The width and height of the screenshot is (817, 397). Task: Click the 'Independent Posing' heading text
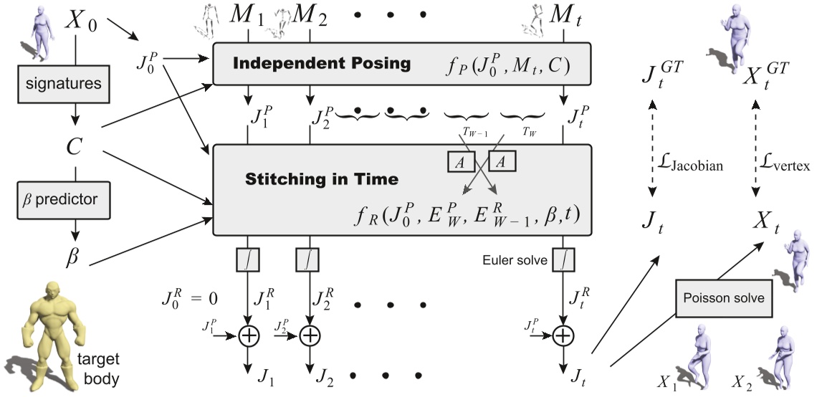[322, 64]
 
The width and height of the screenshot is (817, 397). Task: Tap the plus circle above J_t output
[564, 335]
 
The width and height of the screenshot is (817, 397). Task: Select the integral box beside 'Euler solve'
[564, 260]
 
